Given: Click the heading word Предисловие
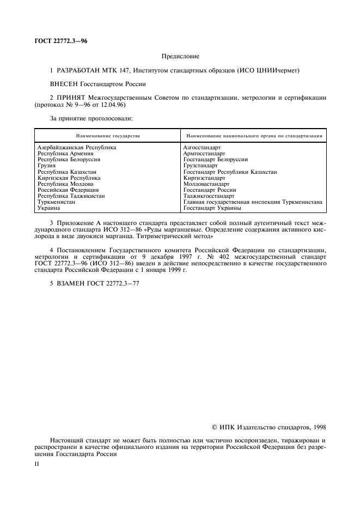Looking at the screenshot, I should [181, 56].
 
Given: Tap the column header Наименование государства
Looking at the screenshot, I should [108, 135].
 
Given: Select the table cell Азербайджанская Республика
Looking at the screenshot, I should [76, 148].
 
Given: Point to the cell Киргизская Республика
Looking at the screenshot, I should [69, 178].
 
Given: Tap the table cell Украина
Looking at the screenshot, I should [48, 208].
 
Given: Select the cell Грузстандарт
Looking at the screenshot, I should [200, 166].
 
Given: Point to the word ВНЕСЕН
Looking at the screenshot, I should [64, 84].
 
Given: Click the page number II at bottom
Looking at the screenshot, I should [36, 464].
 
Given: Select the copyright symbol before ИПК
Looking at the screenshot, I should [215, 427].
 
